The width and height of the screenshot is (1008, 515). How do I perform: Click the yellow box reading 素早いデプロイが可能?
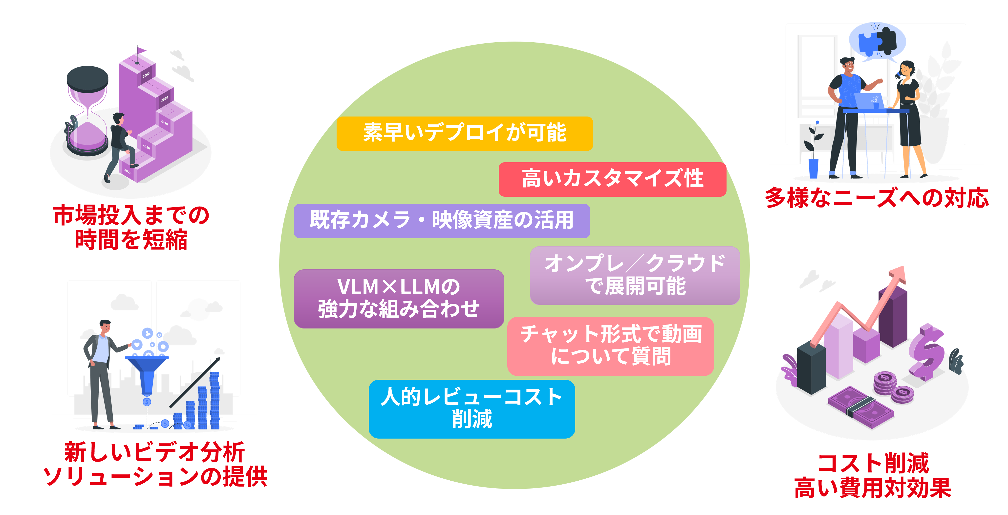465,133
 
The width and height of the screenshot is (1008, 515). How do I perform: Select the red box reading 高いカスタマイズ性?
612,179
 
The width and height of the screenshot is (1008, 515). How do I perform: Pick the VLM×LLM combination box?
399,298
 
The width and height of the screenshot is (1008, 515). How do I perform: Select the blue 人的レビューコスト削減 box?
472,408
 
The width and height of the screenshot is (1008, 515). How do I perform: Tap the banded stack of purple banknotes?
861,407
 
